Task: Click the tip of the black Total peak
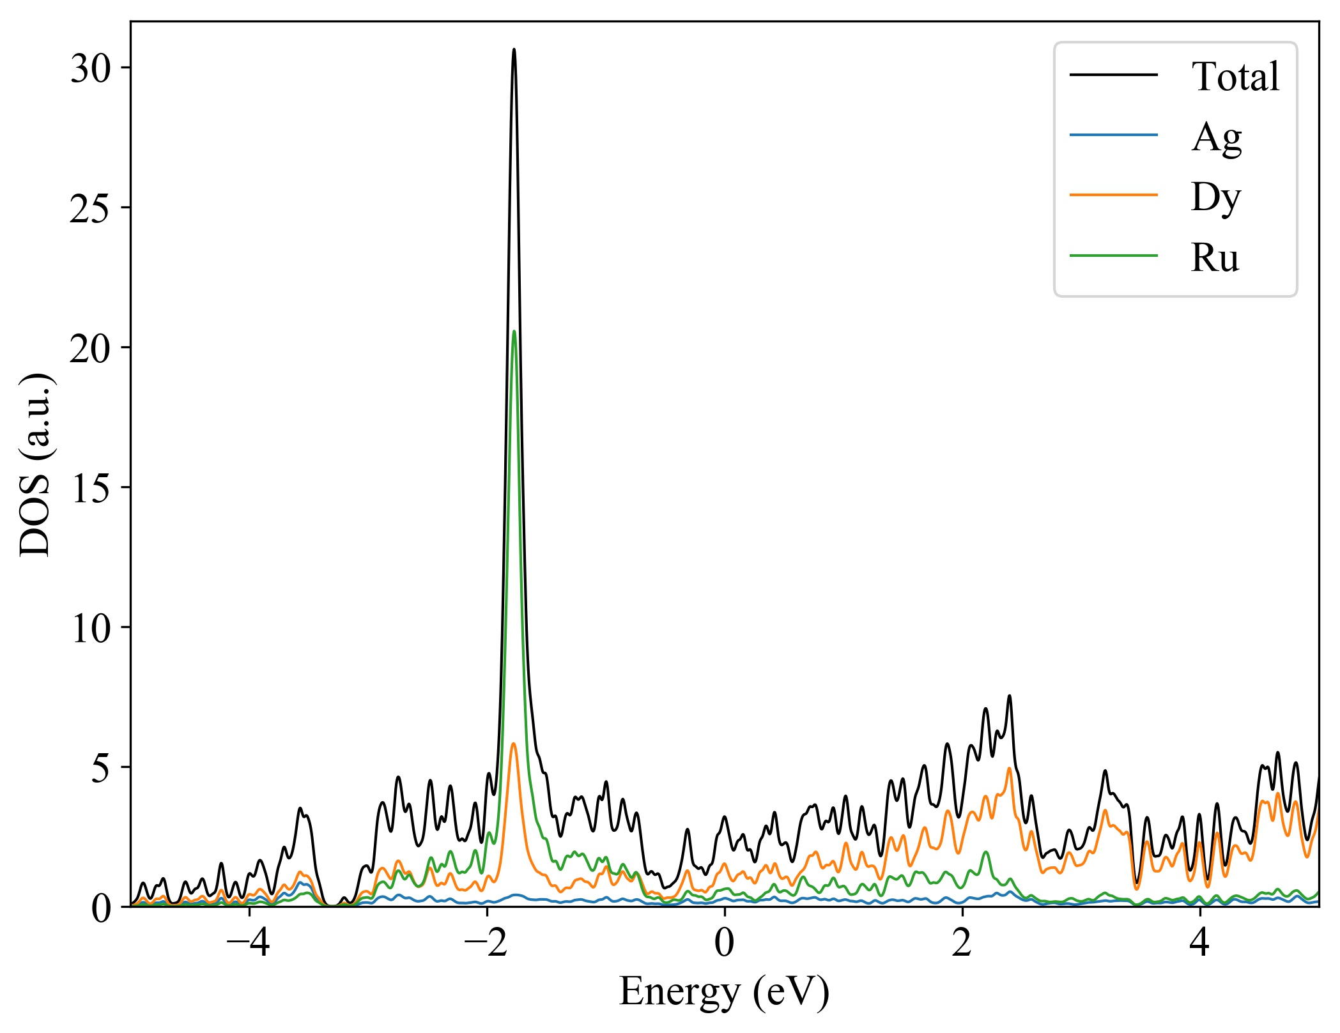(x=514, y=50)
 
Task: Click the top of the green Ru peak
(x=514, y=331)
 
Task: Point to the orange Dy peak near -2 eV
(x=513, y=744)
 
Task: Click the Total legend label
(x=1235, y=77)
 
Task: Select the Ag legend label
(x=1216, y=137)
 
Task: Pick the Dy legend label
(x=1215, y=197)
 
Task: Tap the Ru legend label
(x=1215, y=257)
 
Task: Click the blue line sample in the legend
(x=1114, y=135)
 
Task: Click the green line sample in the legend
(x=1114, y=256)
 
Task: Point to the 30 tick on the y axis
(x=91, y=68)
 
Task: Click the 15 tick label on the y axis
(x=91, y=487)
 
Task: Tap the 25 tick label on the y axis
(x=91, y=208)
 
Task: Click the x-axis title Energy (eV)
(x=724, y=992)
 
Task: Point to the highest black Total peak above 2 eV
(x=1010, y=696)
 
